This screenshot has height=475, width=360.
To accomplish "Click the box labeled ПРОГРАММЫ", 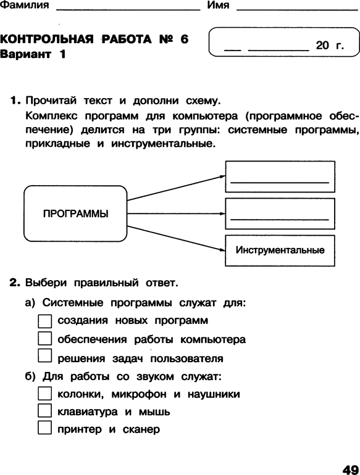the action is pyautogui.click(x=75, y=213).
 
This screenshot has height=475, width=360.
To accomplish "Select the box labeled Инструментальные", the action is pyautogui.click(x=280, y=250).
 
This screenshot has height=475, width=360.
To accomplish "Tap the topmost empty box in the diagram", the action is pyautogui.click(x=280, y=176).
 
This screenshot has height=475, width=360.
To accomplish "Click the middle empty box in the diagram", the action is pyautogui.click(x=280, y=213).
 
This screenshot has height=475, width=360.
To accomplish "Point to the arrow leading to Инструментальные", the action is pyautogui.click(x=176, y=238).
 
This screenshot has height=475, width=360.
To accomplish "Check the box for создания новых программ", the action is pyautogui.click(x=44, y=321).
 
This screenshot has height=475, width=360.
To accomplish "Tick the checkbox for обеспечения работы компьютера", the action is pyautogui.click(x=44, y=339).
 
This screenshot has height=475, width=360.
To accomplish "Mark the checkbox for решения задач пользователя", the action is pyautogui.click(x=44, y=355).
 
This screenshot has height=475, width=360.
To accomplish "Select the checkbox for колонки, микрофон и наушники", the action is pyautogui.click(x=44, y=393).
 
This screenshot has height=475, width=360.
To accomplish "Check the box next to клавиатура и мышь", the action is pyautogui.click(x=44, y=410).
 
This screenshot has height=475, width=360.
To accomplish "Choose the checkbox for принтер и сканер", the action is pyautogui.click(x=44, y=427).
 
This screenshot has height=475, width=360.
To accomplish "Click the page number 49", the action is pyautogui.click(x=351, y=469).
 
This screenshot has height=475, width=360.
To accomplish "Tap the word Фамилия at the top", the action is pyautogui.click(x=24, y=5).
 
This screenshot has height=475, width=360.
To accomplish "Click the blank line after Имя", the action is pyautogui.click(x=297, y=10).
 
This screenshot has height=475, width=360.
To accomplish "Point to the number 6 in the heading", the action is pyautogui.click(x=184, y=39).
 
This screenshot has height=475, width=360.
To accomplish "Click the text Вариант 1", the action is pyautogui.click(x=33, y=54).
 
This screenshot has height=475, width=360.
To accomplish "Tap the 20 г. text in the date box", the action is pyautogui.click(x=330, y=46).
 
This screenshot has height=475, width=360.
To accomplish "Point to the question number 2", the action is pyautogui.click(x=15, y=283).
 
